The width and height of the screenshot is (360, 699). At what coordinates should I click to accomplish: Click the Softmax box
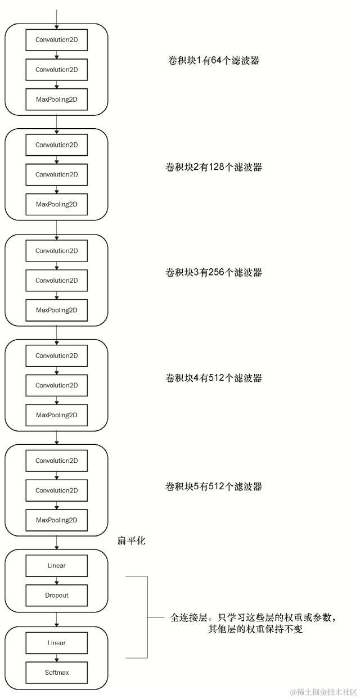click(x=56, y=672)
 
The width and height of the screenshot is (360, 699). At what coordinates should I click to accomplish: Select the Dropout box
click(x=56, y=595)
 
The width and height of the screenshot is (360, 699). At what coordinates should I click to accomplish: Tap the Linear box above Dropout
click(x=56, y=565)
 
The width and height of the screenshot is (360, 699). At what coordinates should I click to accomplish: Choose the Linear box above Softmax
click(x=56, y=642)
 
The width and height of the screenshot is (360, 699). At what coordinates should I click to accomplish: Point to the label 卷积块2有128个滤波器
click(x=213, y=167)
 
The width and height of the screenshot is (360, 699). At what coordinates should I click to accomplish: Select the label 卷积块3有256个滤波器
click(x=213, y=273)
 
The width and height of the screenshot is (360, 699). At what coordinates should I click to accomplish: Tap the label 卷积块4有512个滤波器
click(x=213, y=378)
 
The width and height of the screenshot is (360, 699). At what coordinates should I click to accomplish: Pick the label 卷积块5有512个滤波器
click(x=213, y=486)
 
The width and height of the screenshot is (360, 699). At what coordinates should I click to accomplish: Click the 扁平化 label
click(x=132, y=541)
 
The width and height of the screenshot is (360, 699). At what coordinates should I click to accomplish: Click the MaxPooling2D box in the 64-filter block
click(x=56, y=99)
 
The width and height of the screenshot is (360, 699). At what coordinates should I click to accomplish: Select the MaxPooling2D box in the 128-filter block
click(x=56, y=204)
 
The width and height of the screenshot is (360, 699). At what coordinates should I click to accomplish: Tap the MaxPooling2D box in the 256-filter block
click(x=56, y=310)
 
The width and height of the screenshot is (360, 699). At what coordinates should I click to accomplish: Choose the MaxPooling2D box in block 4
click(x=56, y=415)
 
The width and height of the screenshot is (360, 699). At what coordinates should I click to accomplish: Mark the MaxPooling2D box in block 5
click(x=56, y=520)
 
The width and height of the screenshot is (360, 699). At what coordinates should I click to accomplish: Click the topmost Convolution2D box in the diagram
click(x=56, y=39)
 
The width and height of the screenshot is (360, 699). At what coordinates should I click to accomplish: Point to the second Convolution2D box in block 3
click(x=56, y=280)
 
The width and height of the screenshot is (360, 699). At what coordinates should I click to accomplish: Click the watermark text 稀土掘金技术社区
click(x=323, y=691)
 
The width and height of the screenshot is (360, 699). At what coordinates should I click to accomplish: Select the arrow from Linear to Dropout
click(x=56, y=580)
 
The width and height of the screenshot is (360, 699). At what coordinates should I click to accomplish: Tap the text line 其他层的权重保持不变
click(x=255, y=629)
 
